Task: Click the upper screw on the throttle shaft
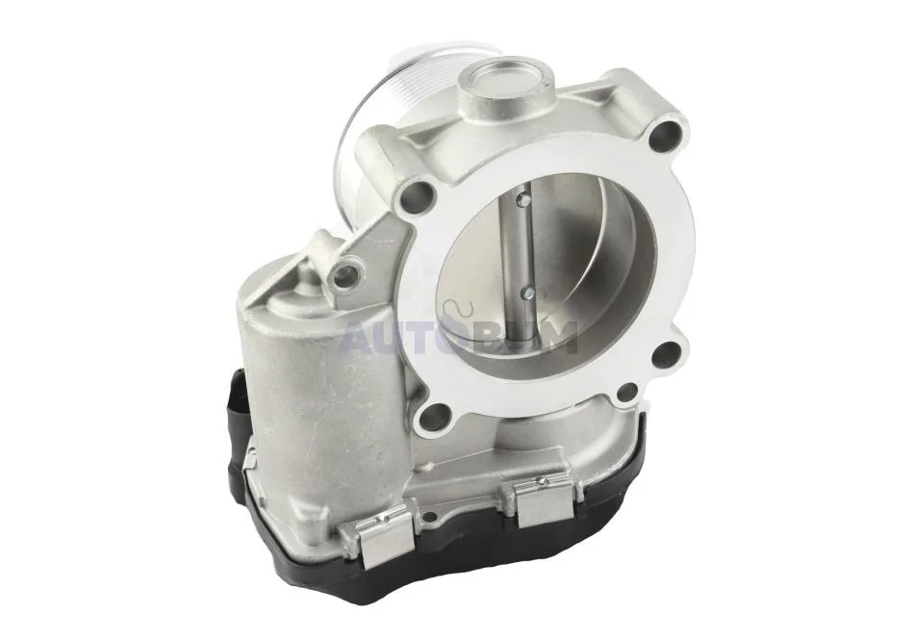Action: (524, 200)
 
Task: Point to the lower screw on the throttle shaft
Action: (527, 292)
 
